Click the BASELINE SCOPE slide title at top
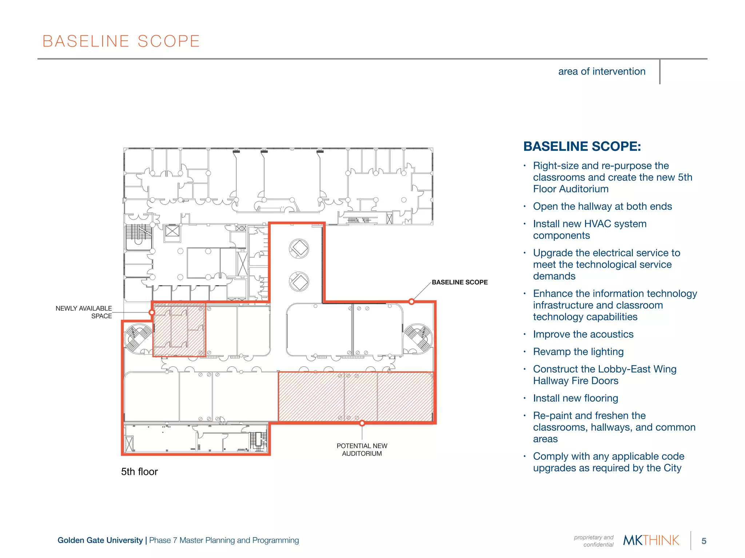(x=121, y=41)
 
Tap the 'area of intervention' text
(x=602, y=72)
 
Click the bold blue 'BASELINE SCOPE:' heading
(x=582, y=146)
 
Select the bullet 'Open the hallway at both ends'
(x=602, y=206)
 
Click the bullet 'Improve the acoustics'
(x=583, y=334)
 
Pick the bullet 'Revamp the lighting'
(x=578, y=352)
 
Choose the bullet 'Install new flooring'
(x=575, y=398)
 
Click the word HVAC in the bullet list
(x=597, y=224)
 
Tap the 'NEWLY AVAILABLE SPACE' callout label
(x=84, y=312)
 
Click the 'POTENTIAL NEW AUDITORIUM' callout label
(x=362, y=450)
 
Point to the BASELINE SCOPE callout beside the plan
(x=459, y=282)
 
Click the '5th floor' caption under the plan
(x=139, y=472)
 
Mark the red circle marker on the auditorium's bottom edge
(x=362, y=423)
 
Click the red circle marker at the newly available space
(x=152, y=312)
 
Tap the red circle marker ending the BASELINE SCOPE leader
(x=411, y=302)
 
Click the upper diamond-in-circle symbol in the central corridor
(x=299, y=248)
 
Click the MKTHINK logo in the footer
(x=651, y=541)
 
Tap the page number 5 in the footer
(x=704, y=541)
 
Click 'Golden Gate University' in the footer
(x=100, y=540)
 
